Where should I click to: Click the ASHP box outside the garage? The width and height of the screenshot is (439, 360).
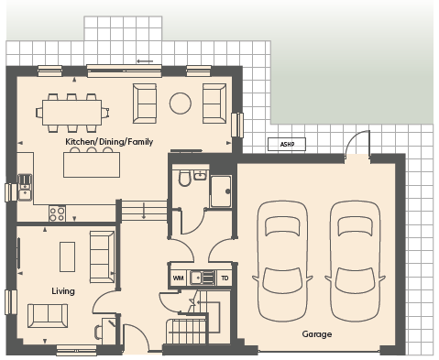pos(287,144)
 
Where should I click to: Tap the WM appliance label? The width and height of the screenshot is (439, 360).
pos(178,278)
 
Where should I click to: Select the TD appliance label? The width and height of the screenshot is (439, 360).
pos(225,278)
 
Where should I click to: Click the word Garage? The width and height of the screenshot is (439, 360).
pos(317,334)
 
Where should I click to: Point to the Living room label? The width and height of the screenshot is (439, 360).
pos(63,291)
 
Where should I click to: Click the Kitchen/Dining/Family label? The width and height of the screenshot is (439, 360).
pos(109,142)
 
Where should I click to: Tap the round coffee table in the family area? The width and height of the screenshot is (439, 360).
pos(181,104)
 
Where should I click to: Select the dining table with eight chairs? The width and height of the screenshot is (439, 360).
pos(72,113)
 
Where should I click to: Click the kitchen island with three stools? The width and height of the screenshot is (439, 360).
pos(92,162)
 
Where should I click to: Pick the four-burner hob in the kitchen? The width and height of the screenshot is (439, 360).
pos(57,213)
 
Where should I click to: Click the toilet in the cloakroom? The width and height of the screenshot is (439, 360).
pos(184,178)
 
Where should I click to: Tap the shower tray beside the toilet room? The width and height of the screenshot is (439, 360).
pos(221,191)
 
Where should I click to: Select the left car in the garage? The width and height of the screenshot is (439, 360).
pos(282,261)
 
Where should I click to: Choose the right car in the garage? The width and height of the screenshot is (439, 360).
pos(355,261)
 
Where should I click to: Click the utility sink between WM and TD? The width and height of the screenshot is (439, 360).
pos(203,278)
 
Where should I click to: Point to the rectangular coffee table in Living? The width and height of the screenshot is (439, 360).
pos(67,256)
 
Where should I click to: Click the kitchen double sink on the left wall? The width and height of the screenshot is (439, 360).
pos(25,187)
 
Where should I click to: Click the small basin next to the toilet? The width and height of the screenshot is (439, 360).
pos(200,175)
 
